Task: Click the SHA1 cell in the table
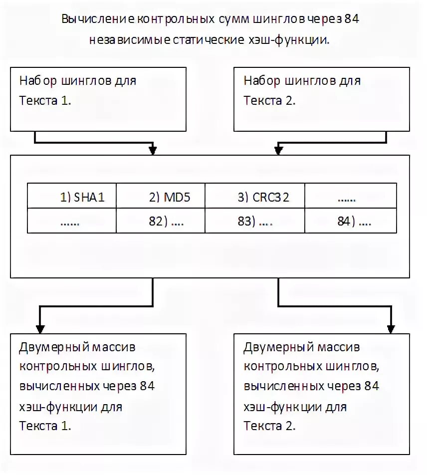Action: coord(82,197)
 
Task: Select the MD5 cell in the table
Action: coord(170,197)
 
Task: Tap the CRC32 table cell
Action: coord(263,197)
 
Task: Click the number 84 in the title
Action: coord(352,19)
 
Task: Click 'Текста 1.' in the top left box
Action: coord(45,100)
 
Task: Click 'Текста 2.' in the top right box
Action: coord(270,100)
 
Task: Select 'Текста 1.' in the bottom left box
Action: coord(45,426)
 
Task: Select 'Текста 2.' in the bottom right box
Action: coord(270,426)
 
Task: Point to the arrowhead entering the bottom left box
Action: coord(40,329)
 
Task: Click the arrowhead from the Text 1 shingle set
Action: coord(153,150)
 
